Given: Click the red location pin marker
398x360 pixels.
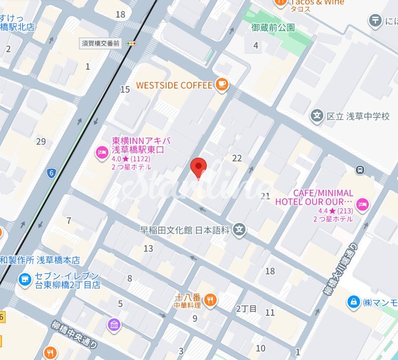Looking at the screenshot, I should (199, 168).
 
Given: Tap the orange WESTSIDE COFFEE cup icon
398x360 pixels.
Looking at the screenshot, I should (221, 85).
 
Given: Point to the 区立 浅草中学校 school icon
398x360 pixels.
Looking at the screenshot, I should (316, 116).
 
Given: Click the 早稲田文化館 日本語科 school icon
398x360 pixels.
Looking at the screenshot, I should (240, 230).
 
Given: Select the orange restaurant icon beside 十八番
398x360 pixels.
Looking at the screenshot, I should (211, 300).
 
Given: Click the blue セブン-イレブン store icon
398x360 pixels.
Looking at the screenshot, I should (24, 280).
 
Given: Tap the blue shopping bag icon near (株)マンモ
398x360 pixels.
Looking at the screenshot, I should (354, 302).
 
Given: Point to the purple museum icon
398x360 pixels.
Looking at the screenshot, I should (114, 325).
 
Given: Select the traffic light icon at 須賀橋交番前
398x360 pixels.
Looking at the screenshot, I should (132, 44).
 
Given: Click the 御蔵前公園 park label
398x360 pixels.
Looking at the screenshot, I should (273, 28).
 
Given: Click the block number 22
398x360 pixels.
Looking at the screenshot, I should (237, 158).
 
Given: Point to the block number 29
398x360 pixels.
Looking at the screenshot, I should (41, 142).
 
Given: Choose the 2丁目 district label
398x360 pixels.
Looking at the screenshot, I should (246, 308).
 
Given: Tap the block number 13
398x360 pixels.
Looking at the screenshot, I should (148, 249).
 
